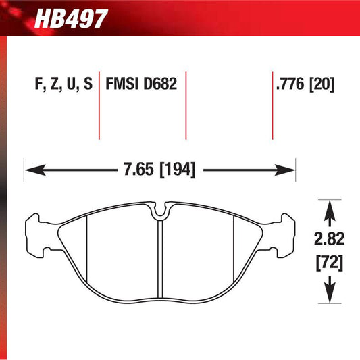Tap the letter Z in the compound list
point(53,85)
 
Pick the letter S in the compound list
point(87,85)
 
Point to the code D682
point(159,85)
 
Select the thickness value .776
point(288,85)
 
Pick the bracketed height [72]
point(329,261)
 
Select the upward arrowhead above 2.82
point(329,210)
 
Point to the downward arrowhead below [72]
point(329,291)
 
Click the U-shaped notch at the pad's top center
point(160,211)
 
